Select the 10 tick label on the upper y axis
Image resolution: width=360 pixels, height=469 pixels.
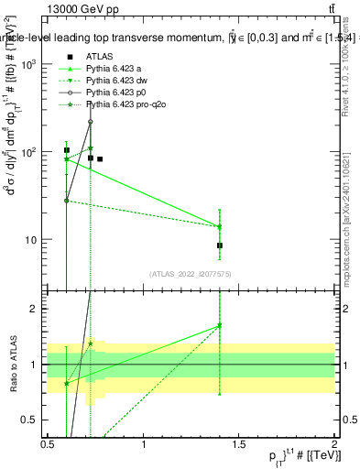(31, 240)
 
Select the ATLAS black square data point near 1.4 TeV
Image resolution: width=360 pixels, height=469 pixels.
(220, 245)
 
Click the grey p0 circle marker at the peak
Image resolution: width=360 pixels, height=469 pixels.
(91, 121)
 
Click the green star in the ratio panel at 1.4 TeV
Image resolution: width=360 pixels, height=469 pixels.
(220, 325)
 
